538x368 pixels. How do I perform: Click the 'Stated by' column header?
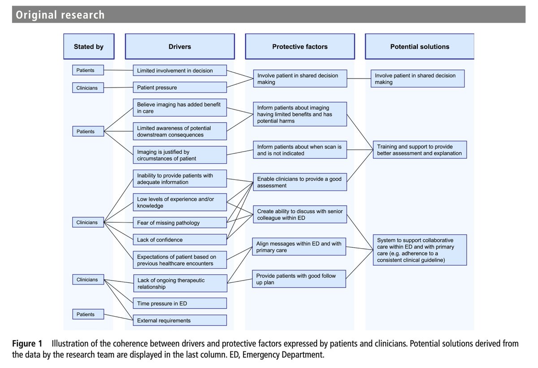point(89,47)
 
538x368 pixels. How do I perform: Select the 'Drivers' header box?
point(179,47)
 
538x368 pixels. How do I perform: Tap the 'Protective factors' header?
point(299,47)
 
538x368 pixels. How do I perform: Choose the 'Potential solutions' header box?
point(419,47)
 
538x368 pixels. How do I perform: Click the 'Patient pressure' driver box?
point(180,88)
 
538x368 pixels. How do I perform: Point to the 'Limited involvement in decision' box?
point(180,70)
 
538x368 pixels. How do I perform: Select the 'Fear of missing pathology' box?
point(180,223)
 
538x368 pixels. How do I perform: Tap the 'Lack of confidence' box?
point(180,240)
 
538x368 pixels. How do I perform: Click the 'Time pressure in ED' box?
point(180,303)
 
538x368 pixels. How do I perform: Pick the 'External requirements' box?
point(180,320)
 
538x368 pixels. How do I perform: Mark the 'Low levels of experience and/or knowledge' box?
point(180,202)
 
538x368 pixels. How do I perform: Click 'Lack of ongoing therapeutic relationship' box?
point(180,284)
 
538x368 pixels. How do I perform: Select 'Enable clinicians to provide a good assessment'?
point(300,182)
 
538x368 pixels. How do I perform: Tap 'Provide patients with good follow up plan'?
point(299,279)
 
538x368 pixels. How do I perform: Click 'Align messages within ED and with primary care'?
point(299,247)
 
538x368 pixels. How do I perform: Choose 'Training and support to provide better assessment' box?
point(419,150)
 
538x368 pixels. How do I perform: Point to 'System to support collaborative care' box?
point(419,250)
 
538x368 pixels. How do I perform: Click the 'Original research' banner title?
point(60,15)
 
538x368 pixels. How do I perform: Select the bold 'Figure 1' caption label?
point(27,344)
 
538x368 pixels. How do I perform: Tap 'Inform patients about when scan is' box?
point(300,150)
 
